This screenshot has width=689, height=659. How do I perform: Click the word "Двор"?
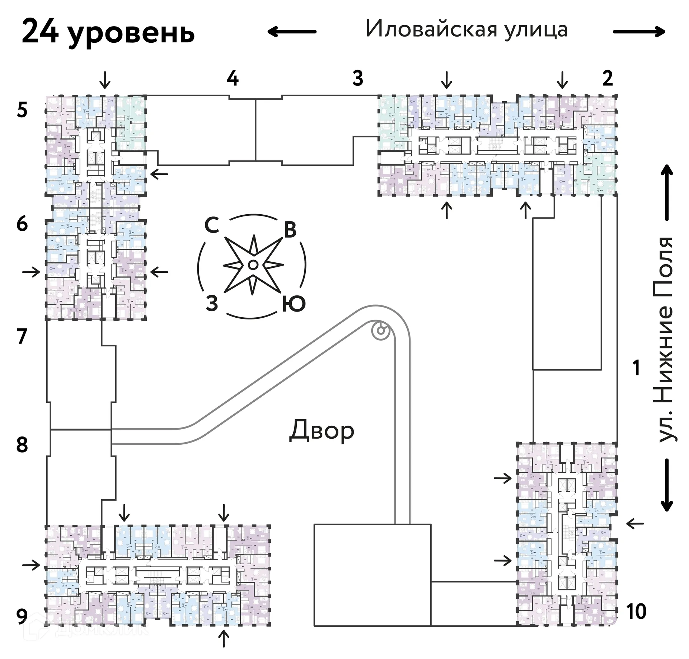(322, 431)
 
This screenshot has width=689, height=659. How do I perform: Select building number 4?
(233, 78)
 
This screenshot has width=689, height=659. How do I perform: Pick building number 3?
(357, 78)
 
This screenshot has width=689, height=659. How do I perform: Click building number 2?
(607, 78)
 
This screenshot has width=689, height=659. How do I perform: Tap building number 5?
(22, 110)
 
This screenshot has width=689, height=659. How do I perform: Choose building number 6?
(22, 224)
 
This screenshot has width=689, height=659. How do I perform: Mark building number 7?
(22, 336)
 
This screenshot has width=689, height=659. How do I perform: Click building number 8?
(22, 445)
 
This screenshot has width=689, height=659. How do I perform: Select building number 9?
(22, 617)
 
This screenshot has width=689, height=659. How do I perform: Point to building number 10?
(636, 612)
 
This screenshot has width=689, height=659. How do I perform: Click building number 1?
(636, 368)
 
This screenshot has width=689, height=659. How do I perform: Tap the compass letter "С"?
(212, 226)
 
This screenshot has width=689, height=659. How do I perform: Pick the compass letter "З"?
(212, 304)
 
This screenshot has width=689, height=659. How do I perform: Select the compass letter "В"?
(290, 230)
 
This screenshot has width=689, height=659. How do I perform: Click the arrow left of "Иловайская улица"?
(292, 32)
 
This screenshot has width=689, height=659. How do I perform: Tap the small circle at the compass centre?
(252, 265)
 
